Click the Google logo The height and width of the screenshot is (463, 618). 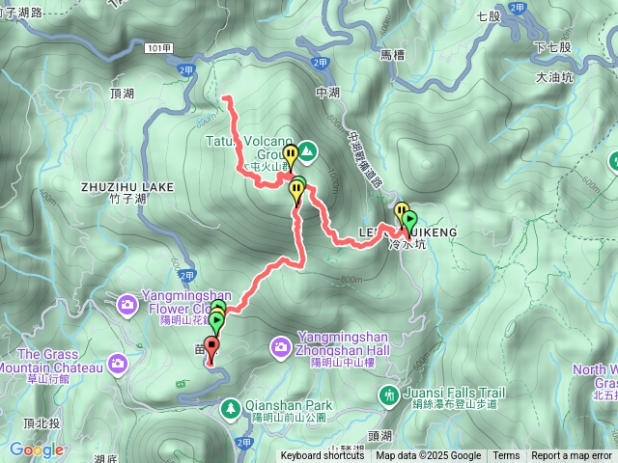tap(37, 449)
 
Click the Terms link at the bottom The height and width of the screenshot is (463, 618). tap(506, 456)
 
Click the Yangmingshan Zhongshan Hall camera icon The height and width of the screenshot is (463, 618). tap(280, 344)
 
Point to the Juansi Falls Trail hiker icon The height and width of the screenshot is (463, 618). tap(388, 394)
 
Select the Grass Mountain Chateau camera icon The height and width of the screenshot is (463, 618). tap(118, 363)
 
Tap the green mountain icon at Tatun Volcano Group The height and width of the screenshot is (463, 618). tap(306, 150)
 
